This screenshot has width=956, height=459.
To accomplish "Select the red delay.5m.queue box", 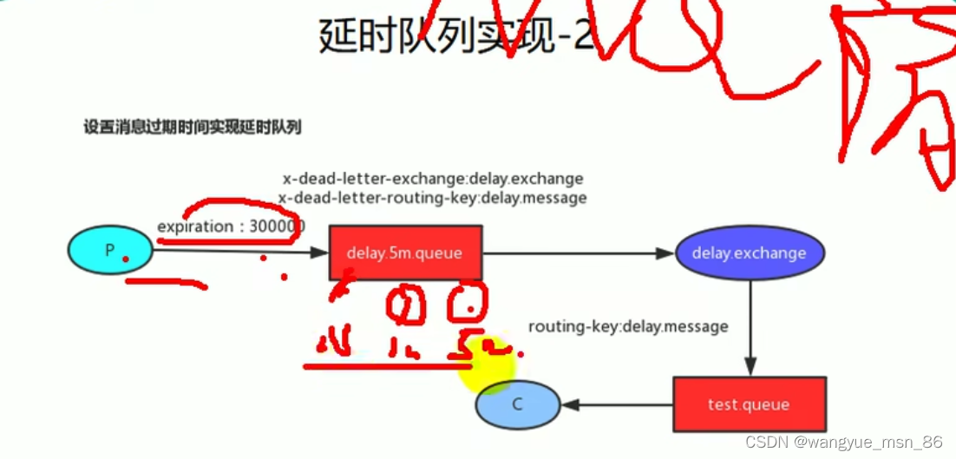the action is click(x=405, y=253).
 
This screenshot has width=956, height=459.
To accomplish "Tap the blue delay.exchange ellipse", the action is click(x=750, y=253).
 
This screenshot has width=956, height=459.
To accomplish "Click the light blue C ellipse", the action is click(x=517, y=404).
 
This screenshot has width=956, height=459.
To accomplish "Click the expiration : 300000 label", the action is click(x=231, y=226).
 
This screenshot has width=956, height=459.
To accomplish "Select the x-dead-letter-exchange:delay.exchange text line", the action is click(x=433, y=179).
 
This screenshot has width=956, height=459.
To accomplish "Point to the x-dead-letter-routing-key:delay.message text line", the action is click(x=433, y=198).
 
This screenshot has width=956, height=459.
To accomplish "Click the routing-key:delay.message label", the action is click(x=628, y=326).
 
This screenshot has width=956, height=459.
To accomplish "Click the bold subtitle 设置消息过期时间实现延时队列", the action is click(x=192, y=127).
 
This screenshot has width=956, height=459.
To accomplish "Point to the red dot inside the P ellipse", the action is click(x=125, y=259).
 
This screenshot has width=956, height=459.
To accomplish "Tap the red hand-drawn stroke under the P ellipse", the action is click(x=165, y=282).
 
